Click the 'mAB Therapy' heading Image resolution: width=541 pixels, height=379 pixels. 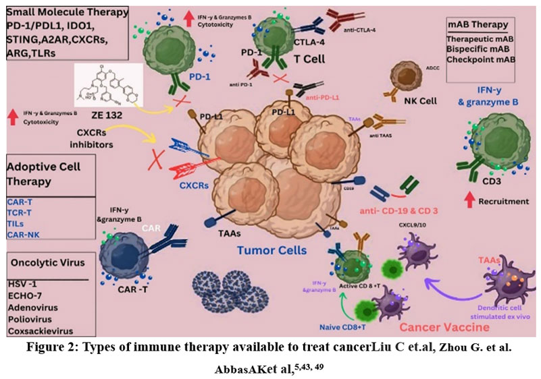(x=478, y=25)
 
